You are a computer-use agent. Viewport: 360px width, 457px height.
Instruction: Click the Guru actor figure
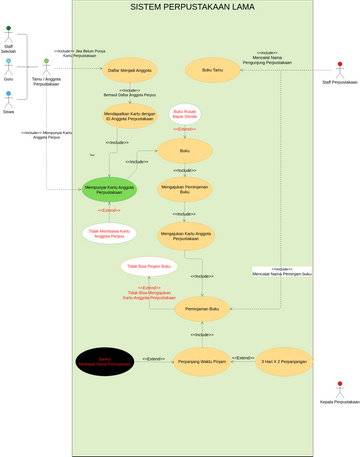(8, 64)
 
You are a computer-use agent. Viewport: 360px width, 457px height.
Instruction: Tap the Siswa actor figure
(8, 97)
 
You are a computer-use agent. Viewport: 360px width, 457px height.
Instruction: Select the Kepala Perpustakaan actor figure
(340, 387)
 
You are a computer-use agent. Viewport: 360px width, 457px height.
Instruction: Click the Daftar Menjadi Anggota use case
(130, 71)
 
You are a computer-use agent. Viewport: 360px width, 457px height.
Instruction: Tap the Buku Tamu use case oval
(213, 71)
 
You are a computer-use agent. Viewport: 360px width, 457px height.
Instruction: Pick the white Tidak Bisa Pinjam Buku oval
(150, 267)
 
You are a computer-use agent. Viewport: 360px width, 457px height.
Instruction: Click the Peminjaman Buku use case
(202, 310)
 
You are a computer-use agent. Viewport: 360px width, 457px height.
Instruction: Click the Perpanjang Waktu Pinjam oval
(203, 360)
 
